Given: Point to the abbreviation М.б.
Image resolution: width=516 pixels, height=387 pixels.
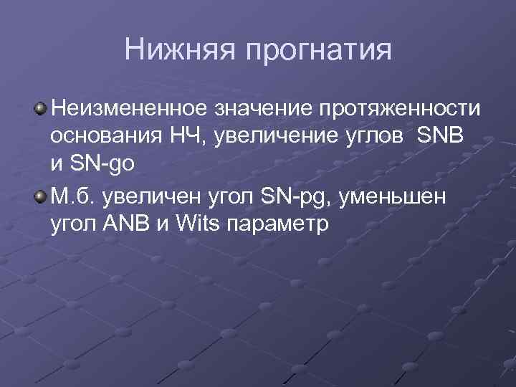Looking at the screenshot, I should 74,196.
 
